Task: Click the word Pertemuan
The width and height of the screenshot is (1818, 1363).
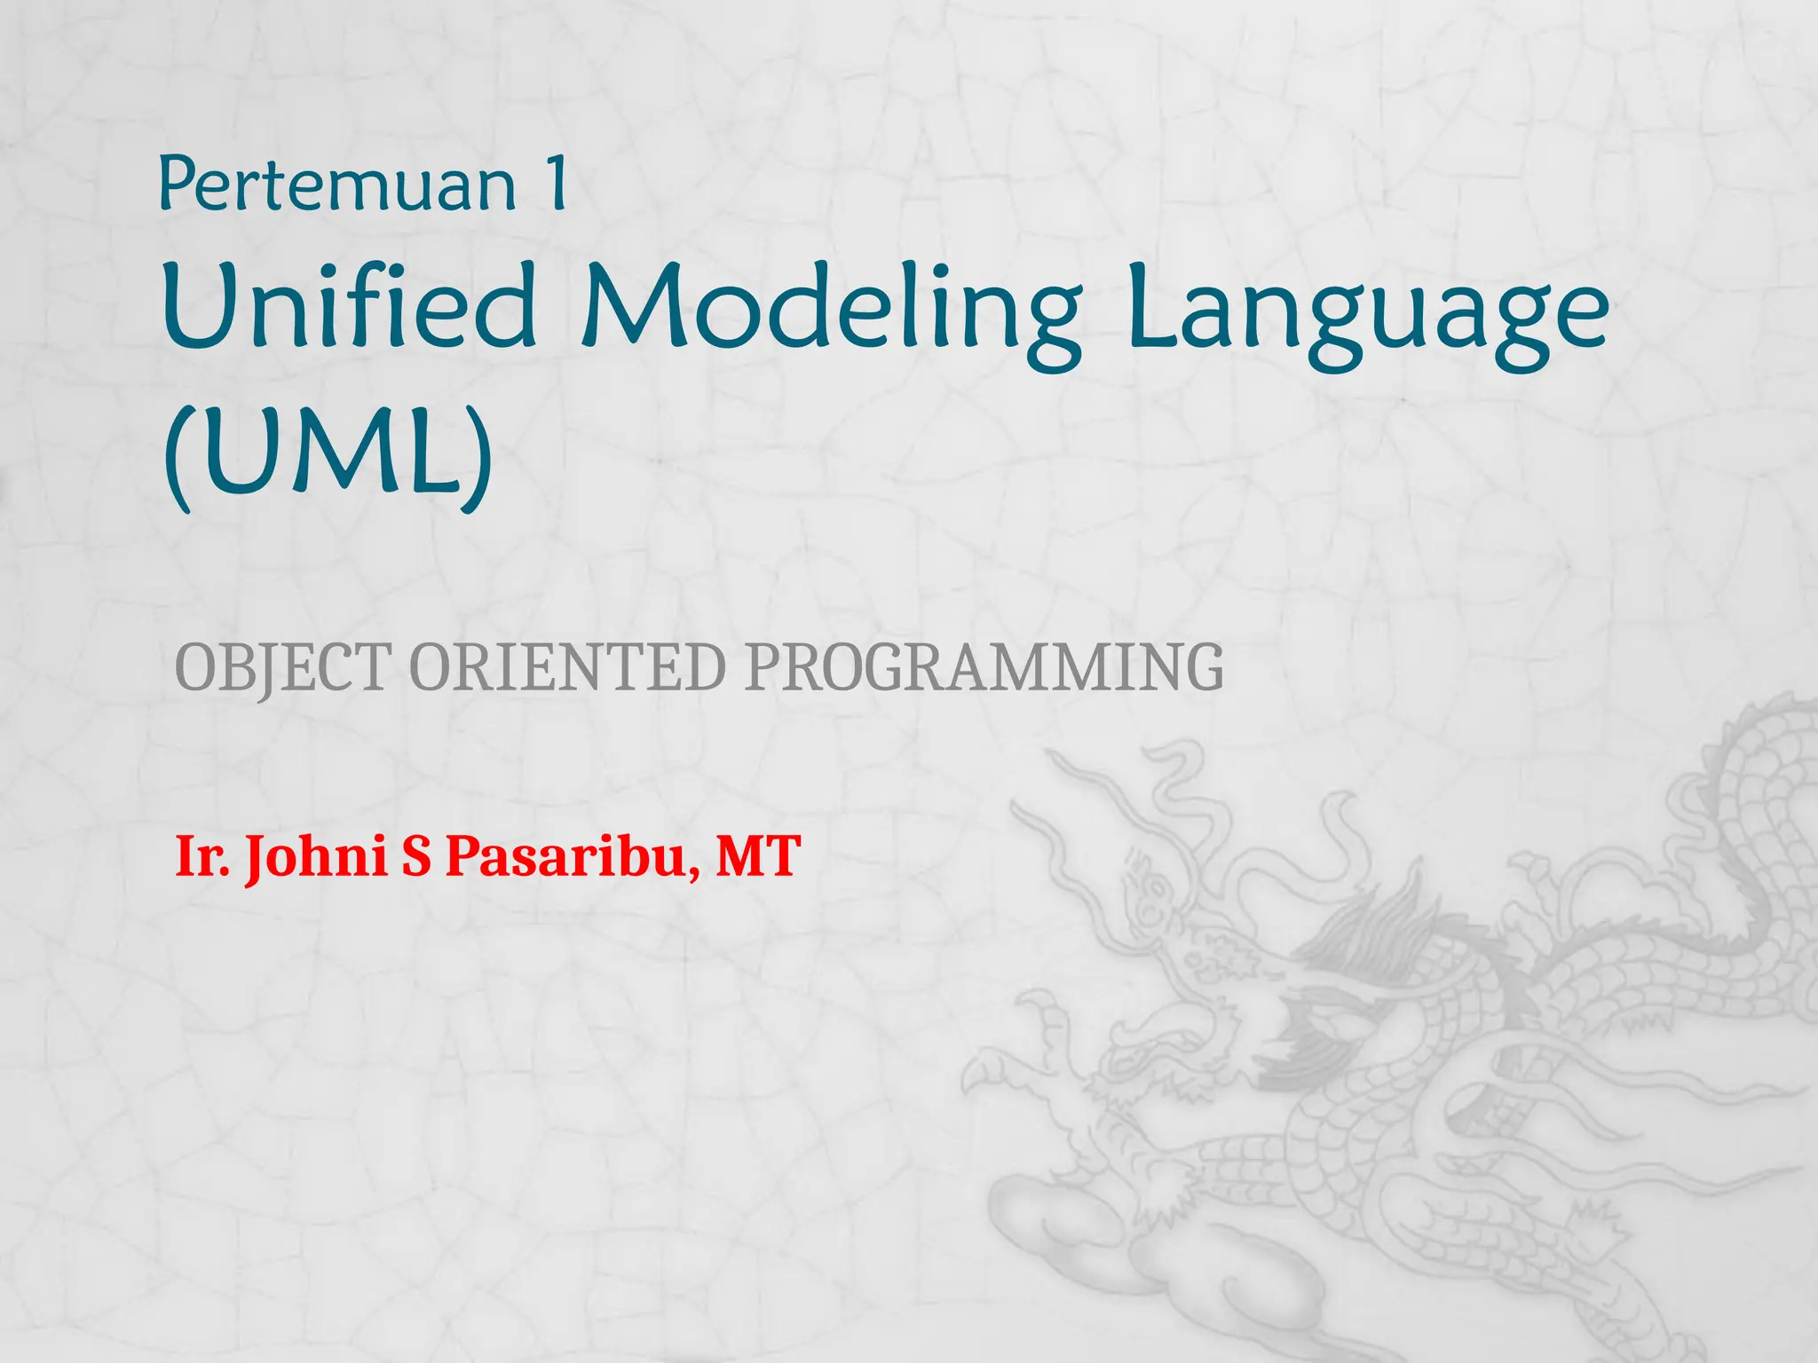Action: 337,185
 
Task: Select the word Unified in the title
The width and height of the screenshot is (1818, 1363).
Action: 349,306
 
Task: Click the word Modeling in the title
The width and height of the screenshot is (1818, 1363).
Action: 831,311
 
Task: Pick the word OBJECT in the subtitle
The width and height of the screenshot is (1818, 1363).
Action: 283,667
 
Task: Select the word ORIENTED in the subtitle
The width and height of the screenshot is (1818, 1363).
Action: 568,667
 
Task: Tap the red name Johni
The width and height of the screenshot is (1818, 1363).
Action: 317,857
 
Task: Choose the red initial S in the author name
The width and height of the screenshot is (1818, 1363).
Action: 415,857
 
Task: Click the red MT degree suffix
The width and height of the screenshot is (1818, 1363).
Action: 758,857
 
